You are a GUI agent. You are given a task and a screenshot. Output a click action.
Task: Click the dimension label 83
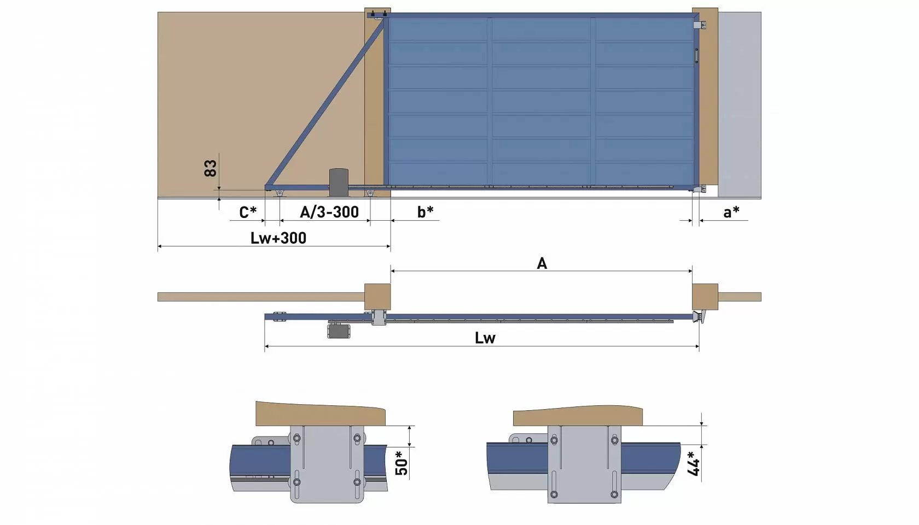tap(210, 168)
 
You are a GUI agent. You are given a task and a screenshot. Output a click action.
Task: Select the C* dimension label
tap(248, 213)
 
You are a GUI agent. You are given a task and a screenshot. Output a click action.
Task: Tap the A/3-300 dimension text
tap(329, 212)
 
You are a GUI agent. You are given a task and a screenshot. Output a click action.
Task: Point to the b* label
tap(426, 212)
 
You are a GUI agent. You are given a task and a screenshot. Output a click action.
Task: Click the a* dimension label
tap(731, 212)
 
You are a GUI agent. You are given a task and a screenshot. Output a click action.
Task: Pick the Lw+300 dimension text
tap(278, 238)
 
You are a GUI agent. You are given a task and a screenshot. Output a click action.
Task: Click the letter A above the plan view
tap(542, 263)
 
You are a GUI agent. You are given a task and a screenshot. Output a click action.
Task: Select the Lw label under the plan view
tap(485, 338)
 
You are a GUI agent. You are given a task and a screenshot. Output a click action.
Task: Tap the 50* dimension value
tap(402, 463)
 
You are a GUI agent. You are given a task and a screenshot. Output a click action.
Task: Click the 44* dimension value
tap(693, 463)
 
